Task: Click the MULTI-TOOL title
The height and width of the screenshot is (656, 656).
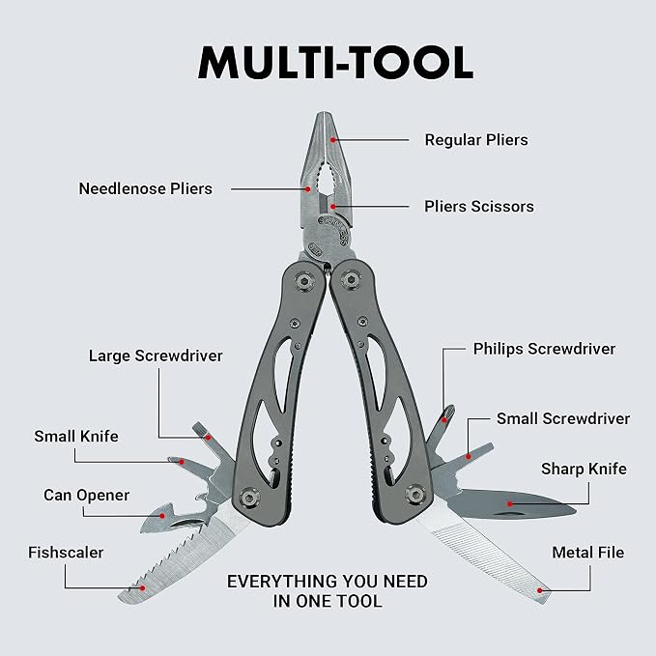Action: (x=335, y=63)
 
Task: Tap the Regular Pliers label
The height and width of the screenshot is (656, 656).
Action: (x=476, y=140)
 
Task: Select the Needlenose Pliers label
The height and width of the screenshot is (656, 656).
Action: (x=146, y=188)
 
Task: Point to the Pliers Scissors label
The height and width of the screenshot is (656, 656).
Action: (x=479, y=206)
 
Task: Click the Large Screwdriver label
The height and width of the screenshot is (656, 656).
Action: (x=156, y=357)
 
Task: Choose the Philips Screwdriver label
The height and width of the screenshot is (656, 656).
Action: (x=544, y=349)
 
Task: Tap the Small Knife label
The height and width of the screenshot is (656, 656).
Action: (x=76, y=437)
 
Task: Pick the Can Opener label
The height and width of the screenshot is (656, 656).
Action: (x=87, y=496)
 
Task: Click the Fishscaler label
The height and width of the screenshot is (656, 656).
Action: (x=66, y=553)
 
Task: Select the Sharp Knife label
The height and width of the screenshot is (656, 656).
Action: (x=585, y=469)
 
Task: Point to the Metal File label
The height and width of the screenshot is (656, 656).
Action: (x=587, y=553)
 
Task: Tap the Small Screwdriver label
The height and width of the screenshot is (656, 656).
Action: (x=563, y=418)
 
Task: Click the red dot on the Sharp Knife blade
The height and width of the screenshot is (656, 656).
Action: (x=509, y=504)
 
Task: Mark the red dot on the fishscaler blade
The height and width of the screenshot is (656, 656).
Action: (x=142, y=587)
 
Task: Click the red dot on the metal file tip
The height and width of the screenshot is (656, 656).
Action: (x=540, y=590)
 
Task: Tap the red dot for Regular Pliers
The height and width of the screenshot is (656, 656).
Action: (x=333, y=140)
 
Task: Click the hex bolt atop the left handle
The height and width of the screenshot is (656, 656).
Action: (x=304, y=280)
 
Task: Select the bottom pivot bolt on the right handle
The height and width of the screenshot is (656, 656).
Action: (x=415, y=495)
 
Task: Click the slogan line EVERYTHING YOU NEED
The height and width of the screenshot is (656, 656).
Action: (x=328, y=582)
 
